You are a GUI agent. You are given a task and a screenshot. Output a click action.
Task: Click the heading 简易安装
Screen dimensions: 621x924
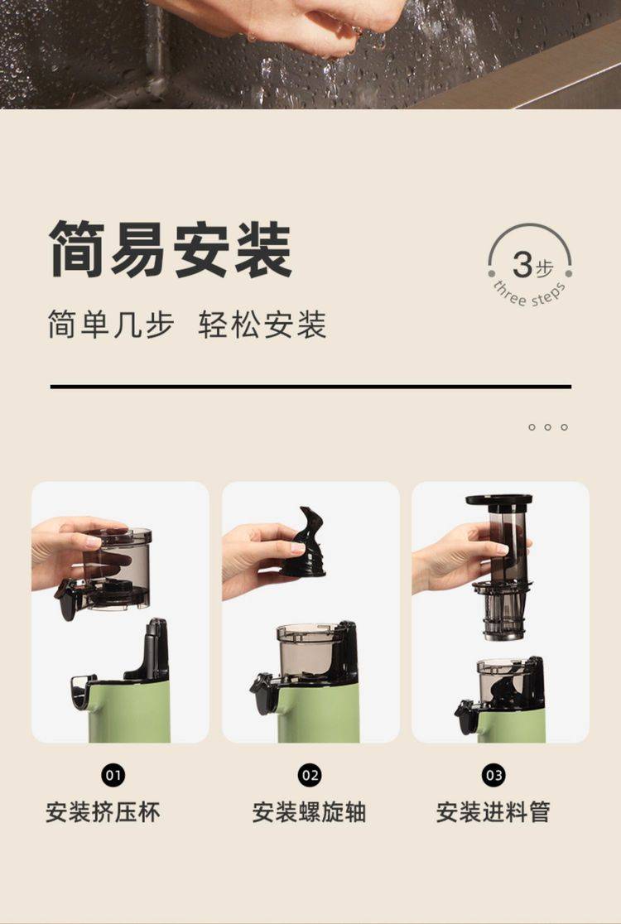tap(171, 249)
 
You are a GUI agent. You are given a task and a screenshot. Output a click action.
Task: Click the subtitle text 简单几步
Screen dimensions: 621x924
tap(111, 324)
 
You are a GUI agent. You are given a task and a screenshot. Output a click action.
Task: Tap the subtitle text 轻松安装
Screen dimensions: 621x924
tap(262, 324)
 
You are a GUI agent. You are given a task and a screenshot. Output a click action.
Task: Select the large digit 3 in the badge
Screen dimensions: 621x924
tap(522, 265)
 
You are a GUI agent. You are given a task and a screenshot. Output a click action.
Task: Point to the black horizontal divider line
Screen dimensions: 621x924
tap(310, 387)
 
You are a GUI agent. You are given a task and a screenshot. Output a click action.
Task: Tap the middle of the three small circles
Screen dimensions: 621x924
tap(548, 427)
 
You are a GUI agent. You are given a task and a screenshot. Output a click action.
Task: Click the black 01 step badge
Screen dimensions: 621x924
tap(113, 775)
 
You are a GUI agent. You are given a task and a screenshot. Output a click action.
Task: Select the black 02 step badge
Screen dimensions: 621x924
tap(310, 775)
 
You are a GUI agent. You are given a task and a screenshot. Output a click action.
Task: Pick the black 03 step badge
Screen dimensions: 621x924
tap(493, 775)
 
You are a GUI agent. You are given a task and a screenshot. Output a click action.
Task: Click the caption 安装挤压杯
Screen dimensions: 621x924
tap(103, 812)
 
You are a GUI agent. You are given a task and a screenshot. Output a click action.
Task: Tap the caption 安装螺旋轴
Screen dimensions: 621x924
tap(310, 812)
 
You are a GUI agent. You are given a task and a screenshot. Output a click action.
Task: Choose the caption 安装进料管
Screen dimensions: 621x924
tap(493, 812)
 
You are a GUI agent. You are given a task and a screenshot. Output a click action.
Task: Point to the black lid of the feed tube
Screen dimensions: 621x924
tap(499, 500)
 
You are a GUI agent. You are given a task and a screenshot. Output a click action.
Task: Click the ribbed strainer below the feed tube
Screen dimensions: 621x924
tap(503, 610)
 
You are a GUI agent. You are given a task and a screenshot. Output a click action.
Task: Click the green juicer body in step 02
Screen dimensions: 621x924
tap(318, 712)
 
